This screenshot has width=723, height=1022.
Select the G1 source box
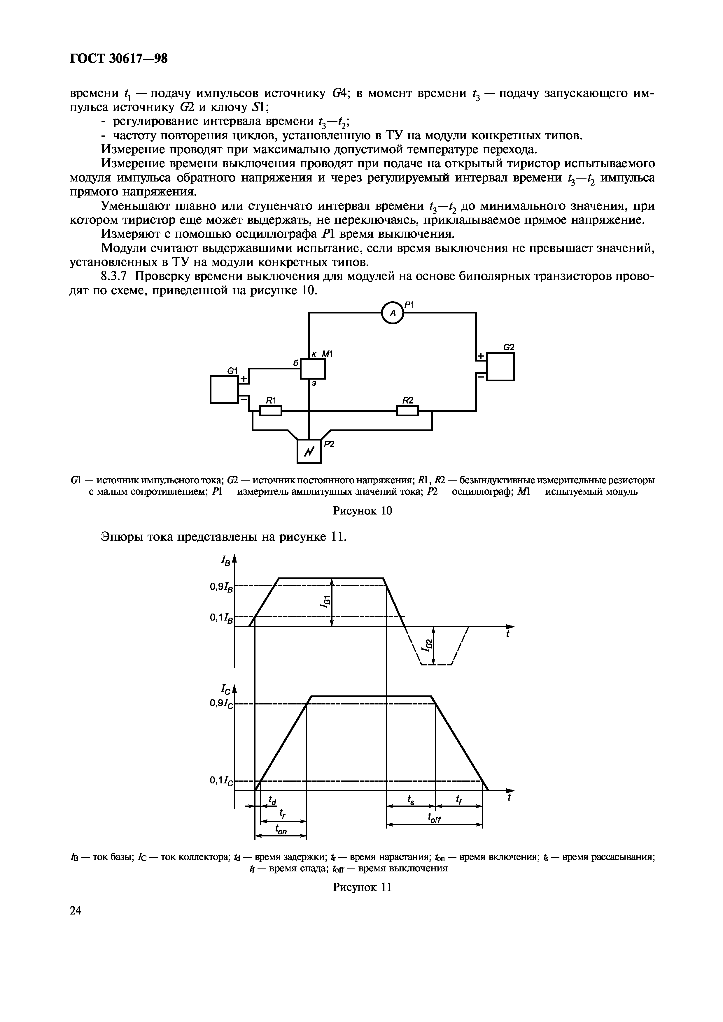click(x=224, y=390)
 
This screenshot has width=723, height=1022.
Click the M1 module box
click(x=313, y=369)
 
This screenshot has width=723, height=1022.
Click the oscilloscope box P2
click(x=309, y=451)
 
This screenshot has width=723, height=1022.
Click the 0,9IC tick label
click(x=221, y=703)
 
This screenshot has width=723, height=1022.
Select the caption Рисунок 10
click(x=362, y=510)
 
